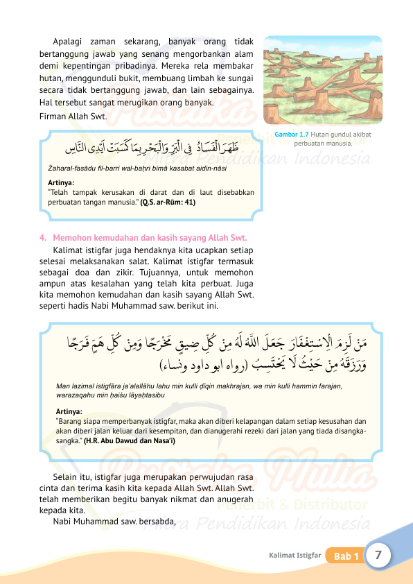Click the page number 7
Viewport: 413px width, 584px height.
(x=378, y=555)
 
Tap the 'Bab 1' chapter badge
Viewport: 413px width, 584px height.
(x=346, y=556)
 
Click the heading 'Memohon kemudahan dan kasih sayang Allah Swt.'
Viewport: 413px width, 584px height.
(x=150, y=238)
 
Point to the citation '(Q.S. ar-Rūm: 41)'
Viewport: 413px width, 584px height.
(x=168, y=203)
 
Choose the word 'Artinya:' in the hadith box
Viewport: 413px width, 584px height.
(x=69, y=411)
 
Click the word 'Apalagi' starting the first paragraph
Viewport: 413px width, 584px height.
(x=67, y=41)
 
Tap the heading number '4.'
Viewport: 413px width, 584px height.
(x=43, y=238)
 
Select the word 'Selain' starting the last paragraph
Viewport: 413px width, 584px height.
(x=65, y=478)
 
